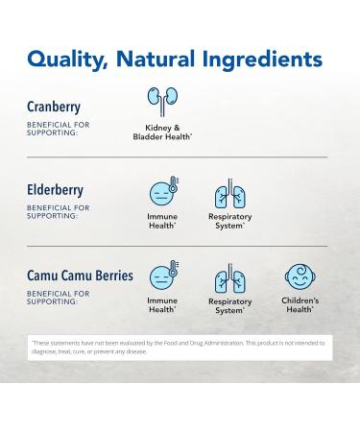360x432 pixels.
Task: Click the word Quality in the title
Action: coord(67,60)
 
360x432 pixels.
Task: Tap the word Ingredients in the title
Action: coord(259,60)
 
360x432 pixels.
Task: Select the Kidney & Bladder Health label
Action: coord(162,132)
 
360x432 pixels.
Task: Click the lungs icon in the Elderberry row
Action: coord(229,193)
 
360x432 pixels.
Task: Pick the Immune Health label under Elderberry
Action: coord(162,221)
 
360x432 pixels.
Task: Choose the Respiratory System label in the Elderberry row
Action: coord(229,221)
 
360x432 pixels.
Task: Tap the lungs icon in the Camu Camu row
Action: coord(229,277)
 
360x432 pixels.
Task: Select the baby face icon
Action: coord(300,277)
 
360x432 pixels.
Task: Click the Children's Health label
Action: coord(300,305)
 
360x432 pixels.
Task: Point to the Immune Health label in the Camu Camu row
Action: coord(162,305)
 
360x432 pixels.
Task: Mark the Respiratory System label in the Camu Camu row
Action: coord(229,306)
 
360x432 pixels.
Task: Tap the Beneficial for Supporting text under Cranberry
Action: coord(59,129)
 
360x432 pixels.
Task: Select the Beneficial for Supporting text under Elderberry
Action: coord(59,211)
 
